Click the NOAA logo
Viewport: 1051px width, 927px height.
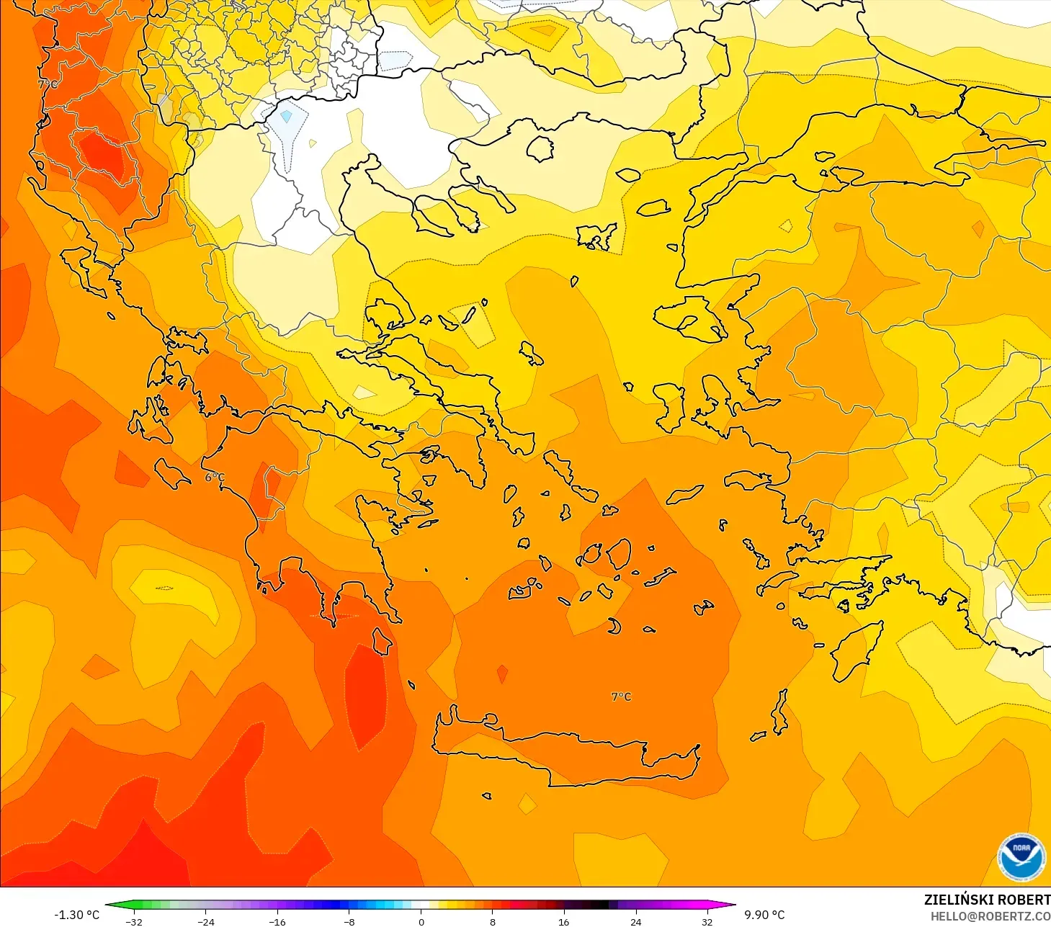point(1021,857)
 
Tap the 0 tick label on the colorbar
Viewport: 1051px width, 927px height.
point(421,921)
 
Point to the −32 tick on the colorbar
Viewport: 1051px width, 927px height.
point(134,921)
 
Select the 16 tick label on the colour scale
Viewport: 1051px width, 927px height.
point(563,921)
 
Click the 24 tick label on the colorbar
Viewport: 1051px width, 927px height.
point(635,921)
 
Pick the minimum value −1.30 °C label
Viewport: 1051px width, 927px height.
point(77,915)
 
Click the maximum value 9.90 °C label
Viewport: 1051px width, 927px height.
point(764,915)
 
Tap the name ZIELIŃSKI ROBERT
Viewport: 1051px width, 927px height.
point(987,900)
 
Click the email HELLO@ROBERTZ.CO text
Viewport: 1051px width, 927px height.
point(990,916)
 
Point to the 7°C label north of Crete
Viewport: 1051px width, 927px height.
point(621,697)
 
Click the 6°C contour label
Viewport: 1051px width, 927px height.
point(215,477)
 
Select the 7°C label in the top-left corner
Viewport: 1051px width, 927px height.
point(48,84)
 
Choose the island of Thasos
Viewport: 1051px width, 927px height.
point(540,148)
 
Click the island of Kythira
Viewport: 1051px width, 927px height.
point(382,640)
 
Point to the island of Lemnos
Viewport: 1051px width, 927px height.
point(597,236)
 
